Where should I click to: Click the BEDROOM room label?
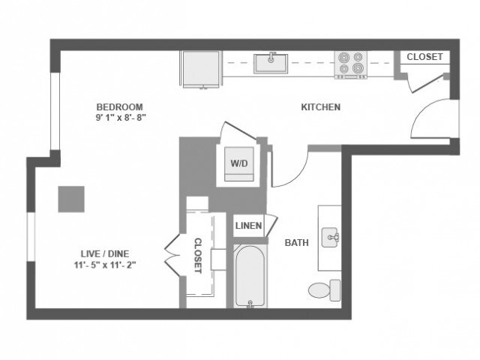[x=119, y=106]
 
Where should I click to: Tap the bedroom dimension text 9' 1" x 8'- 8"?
[x=119, y=118]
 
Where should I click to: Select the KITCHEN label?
[x=320, y=107]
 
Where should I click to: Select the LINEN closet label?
[x=248, y=226]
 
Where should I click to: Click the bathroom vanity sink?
[x=331, y=238]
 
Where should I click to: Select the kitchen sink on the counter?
[x=271, y=64]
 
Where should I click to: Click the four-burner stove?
[x=350, y=64]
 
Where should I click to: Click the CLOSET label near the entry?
[x=424, y=57]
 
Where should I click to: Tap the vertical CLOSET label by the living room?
[x=198, y=256]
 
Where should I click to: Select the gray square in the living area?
[x=71, y=199]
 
